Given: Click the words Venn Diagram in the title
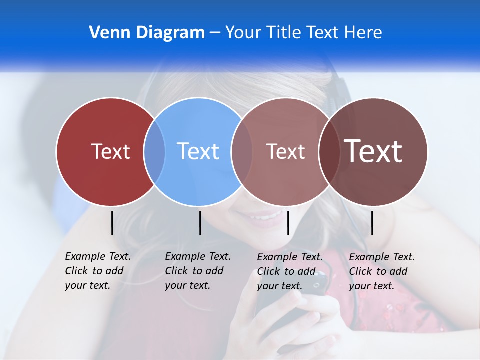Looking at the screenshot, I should coord(147,33).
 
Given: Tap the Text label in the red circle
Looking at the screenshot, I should coord(110,151).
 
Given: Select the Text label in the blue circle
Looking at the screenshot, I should coord(198,151).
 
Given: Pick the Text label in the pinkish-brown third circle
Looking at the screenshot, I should coord(285,151).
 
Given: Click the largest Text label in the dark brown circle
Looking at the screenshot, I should coord(373,151).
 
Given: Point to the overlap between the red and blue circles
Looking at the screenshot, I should coord(154,151).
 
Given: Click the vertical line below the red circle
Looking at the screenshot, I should coord(112,223).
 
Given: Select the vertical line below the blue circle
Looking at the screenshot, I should coord(200,223).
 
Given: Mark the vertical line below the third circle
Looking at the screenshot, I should coord(288,223).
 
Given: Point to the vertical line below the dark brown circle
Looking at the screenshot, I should coord(372,223).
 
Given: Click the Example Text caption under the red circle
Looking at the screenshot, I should coord(98,271).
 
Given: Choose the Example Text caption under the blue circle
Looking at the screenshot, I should coord(198,271).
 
